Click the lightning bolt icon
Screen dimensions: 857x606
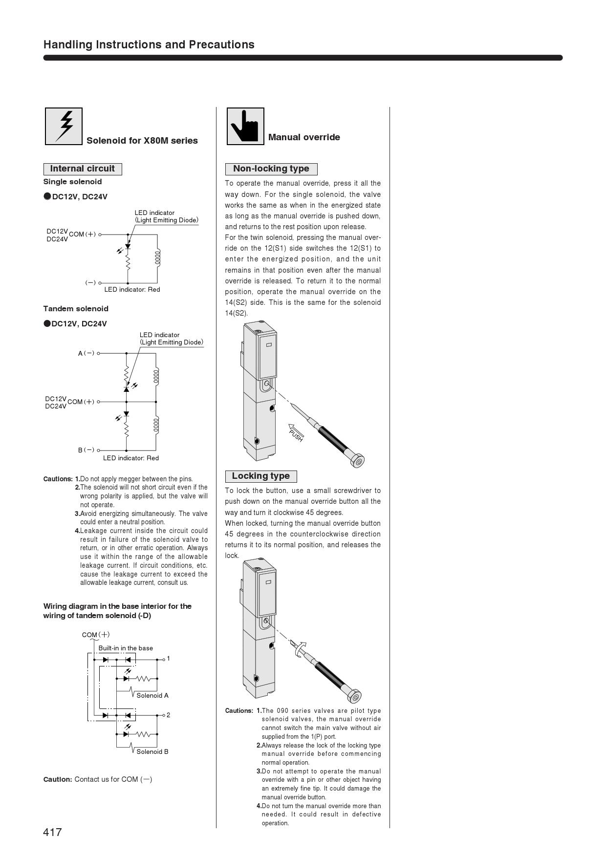pos(64,126)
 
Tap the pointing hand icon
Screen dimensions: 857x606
pos(245,126)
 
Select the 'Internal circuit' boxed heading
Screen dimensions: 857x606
pos(83,169)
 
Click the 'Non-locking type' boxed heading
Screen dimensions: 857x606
pos(271,169)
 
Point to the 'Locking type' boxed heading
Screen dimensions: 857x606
pos(260,476)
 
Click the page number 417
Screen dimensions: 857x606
pos(53,832)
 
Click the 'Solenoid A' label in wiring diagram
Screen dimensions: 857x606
pos(152,696)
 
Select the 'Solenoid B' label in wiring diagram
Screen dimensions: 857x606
pos(152,752)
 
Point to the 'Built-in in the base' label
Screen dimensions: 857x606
pos(126,648)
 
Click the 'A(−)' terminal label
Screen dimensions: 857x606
pos(87,353)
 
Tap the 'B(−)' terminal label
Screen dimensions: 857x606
pos(87,450)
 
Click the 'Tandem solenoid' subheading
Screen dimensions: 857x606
pos(76,309)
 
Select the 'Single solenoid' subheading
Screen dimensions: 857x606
pos(72,182)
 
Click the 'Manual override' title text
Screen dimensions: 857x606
pos(304,137)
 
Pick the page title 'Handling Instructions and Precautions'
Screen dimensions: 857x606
pos(149,45)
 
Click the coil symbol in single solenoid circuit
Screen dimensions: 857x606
pos(157,257)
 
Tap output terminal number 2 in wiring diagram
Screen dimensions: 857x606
pos(168,715)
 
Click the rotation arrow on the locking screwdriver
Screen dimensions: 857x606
pos(302,647)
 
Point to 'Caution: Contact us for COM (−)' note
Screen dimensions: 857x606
pos(98,779)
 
